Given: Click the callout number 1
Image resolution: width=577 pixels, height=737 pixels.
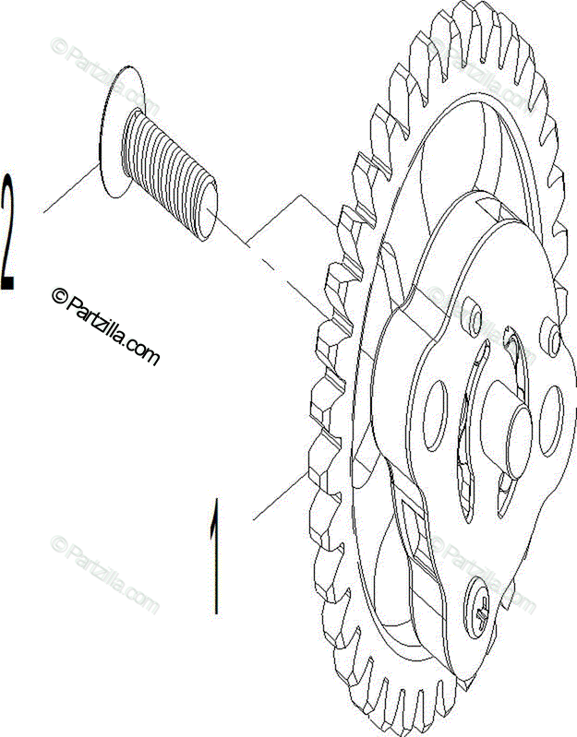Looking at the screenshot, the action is click(216, 557).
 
